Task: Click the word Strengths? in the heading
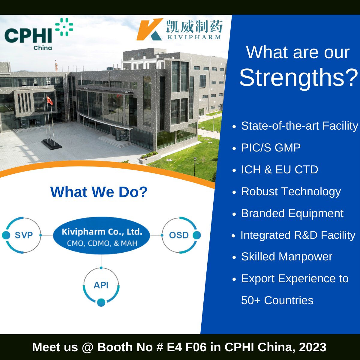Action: (x=298, y=77)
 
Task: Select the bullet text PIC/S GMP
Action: (x=271, y=148)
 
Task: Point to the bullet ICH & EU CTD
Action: (x=279, y=169)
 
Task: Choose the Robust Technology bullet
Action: (x=291, y=191)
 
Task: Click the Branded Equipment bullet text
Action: (x=292, y=213)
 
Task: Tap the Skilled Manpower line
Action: (x=286, y=257)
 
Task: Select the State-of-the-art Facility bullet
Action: (x=299, y=126)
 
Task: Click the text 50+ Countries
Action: (x=277, y=300)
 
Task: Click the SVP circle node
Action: (x=23, y=235)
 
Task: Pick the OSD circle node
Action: (x=179, y=235)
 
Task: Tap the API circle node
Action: (x=101, y=285)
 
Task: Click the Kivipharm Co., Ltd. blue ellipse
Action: (x=101, y=236)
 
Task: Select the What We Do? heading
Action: (x=99, y=192)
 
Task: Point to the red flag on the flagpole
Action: (x=49, y=101)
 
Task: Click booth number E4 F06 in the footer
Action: (x=187, y=347)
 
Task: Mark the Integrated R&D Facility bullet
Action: (x=298, y=235)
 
